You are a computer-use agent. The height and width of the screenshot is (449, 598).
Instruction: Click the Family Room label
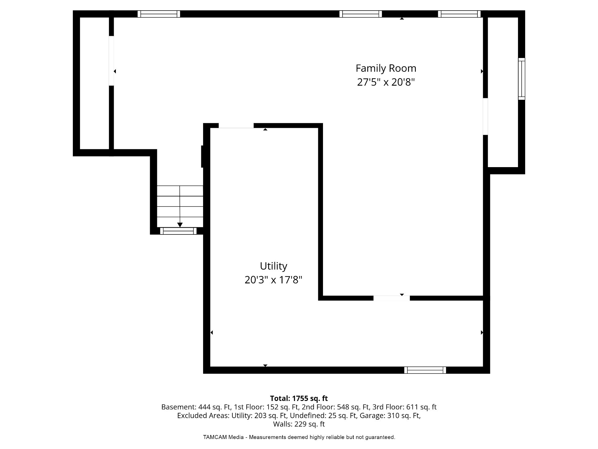(x=386, y=68)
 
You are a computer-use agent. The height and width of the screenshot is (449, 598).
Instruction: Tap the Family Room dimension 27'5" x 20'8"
(x=386, y=82)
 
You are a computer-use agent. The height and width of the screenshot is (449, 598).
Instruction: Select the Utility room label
(x=273, y=266)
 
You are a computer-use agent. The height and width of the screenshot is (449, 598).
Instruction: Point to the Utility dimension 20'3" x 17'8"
(x=273, y=280)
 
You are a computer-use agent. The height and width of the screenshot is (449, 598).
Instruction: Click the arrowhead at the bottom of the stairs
(x=180, y=225)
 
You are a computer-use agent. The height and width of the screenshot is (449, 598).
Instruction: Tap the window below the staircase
(x=178, y=231)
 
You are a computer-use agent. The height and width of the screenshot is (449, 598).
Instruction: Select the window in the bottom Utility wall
(x=425, y=370)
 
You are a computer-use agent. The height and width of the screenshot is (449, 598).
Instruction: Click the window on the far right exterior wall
(x=522, y=79)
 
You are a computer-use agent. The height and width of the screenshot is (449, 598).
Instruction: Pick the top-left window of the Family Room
(x=159, y=14)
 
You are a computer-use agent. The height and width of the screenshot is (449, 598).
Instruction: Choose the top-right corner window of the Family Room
(x=459, y=14)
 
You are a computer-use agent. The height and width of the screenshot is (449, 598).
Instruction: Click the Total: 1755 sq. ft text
(x=299, y=398)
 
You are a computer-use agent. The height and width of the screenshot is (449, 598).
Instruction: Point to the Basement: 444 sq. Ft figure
(x=196, y=407)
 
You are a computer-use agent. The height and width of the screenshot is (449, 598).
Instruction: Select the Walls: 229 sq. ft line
(x=299, y=424)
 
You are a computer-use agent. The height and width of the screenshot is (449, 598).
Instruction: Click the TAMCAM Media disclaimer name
(x=223, y=437)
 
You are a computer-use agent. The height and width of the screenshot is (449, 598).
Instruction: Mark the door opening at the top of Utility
(x=236, y=126)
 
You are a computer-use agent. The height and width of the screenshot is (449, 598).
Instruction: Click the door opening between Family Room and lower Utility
(x=392, y=298)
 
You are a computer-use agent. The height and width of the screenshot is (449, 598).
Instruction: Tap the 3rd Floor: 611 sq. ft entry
(x=405, y=407)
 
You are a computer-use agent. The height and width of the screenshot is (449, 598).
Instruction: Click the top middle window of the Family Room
(x=361, y=14)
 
